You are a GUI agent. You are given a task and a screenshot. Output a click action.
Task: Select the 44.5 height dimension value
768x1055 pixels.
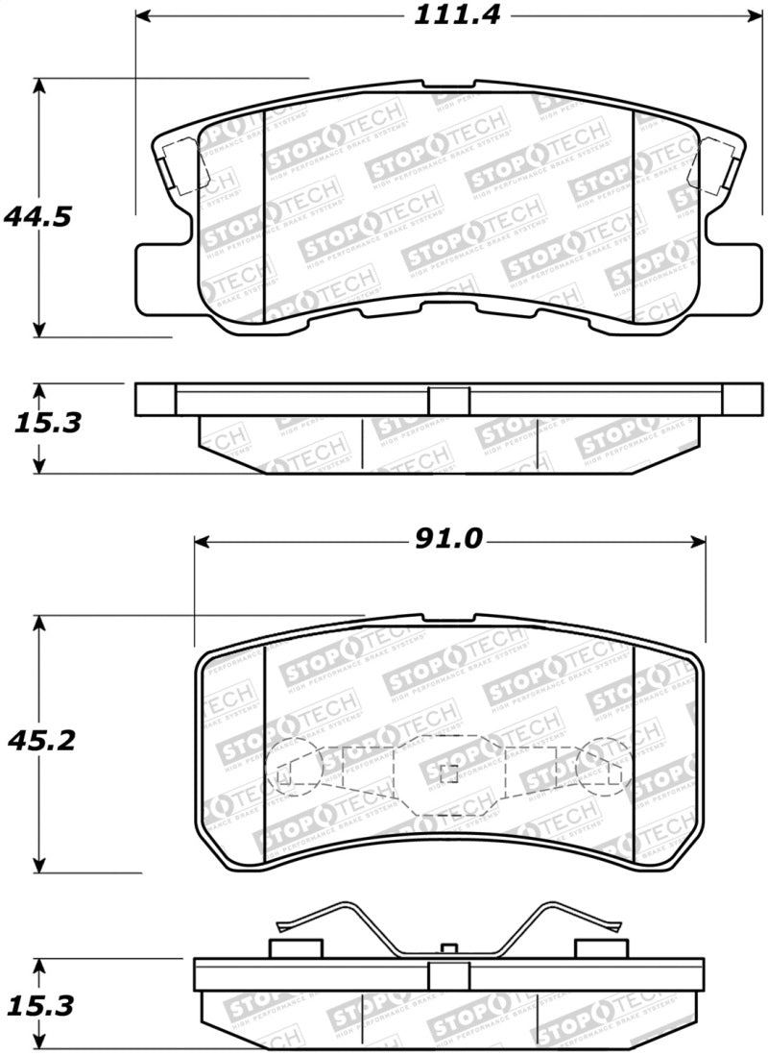pos(37,217)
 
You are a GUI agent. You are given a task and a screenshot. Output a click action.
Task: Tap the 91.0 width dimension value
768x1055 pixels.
pos(448,541)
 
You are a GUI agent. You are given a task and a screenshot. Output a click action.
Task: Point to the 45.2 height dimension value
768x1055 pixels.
pos(37,742)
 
